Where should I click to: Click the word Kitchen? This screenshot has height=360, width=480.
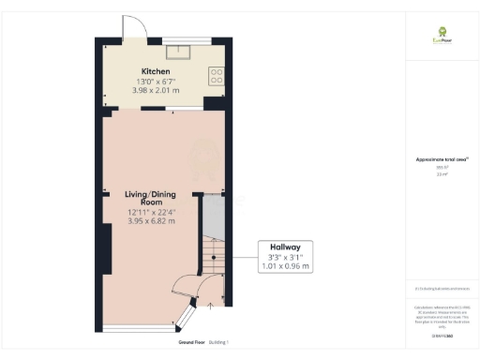155,71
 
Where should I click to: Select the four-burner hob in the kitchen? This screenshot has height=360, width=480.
217,76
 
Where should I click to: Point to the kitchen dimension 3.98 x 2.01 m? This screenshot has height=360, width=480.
155,92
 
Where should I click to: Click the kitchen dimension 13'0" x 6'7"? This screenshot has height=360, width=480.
155,82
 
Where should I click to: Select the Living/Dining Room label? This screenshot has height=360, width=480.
144,198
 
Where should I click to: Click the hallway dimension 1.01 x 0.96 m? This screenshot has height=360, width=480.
285,266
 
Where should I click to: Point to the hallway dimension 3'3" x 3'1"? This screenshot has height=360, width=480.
285,257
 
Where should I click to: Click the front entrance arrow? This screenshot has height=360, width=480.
211,305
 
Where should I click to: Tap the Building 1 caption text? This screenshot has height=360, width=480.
217,342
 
